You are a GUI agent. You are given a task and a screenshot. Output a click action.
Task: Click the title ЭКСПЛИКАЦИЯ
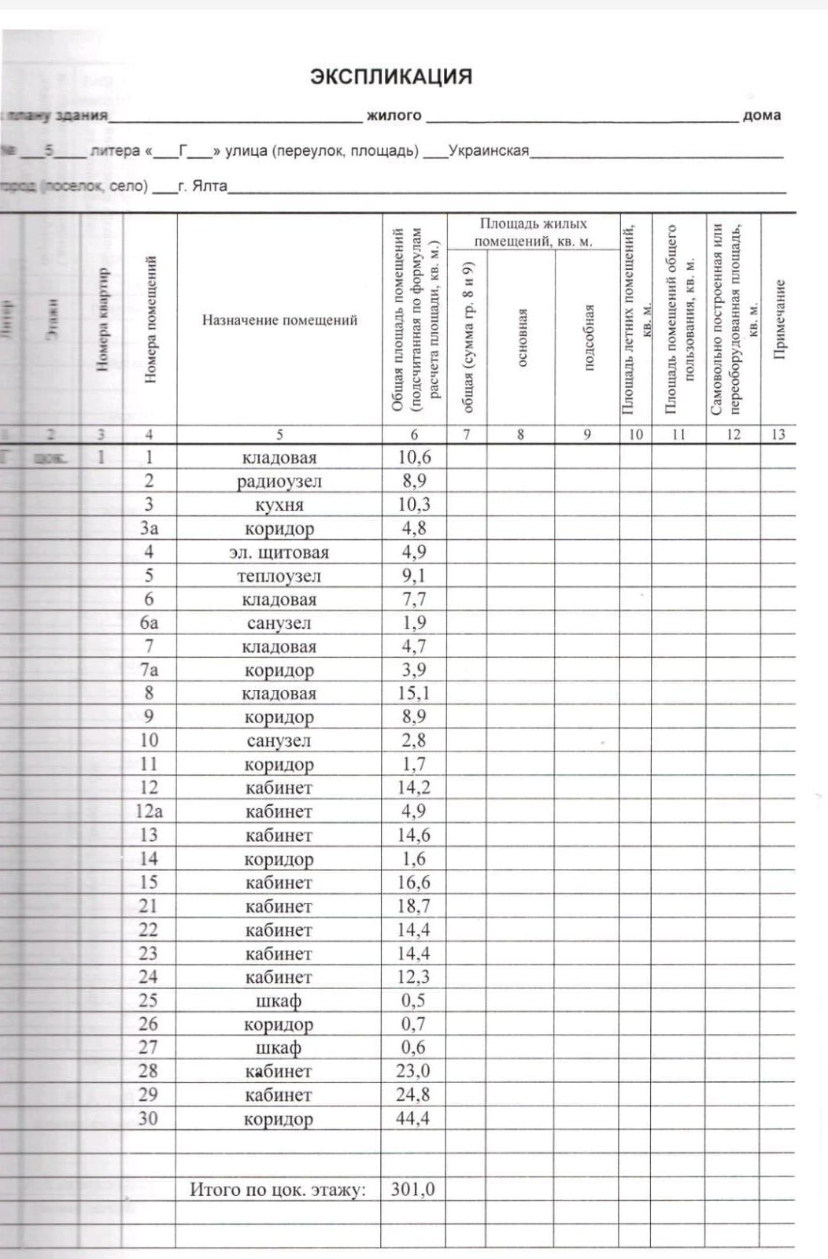click(391, 76)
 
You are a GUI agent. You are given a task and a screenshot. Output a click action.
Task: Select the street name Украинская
click(488, 150)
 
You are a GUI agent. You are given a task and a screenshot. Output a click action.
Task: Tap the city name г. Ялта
click(202, 186)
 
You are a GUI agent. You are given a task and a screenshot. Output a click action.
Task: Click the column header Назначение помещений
click(279, 319)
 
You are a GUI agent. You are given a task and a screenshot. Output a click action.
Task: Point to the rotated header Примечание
click(779, 319)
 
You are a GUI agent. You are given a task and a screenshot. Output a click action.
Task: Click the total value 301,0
click(413, 1189)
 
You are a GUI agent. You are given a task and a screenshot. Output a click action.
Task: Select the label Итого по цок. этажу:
click(278, 1189)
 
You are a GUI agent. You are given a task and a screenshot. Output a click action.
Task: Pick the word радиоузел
click(279, 482)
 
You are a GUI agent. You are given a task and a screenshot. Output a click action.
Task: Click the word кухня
click(279, 505)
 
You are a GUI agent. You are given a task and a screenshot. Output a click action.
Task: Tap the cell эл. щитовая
click(279, 552)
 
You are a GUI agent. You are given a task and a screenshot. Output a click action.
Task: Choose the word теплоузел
click(279, 576)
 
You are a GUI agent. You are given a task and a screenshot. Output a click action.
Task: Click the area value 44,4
click(413, 1118)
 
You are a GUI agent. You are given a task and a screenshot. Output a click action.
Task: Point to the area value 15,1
click(413, 693)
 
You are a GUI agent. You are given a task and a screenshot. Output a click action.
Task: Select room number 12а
click(149, 811)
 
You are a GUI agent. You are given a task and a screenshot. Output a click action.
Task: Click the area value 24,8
click(413, 1095)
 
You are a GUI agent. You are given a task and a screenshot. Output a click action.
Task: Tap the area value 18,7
click(413, 906)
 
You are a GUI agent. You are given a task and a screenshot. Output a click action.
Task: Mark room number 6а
click(149, 622)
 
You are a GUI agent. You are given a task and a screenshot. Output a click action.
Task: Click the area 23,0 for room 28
click(413, 1071)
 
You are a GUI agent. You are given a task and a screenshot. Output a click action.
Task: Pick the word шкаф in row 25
click(279, 1001)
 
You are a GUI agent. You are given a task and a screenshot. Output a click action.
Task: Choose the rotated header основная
click(521, 337)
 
